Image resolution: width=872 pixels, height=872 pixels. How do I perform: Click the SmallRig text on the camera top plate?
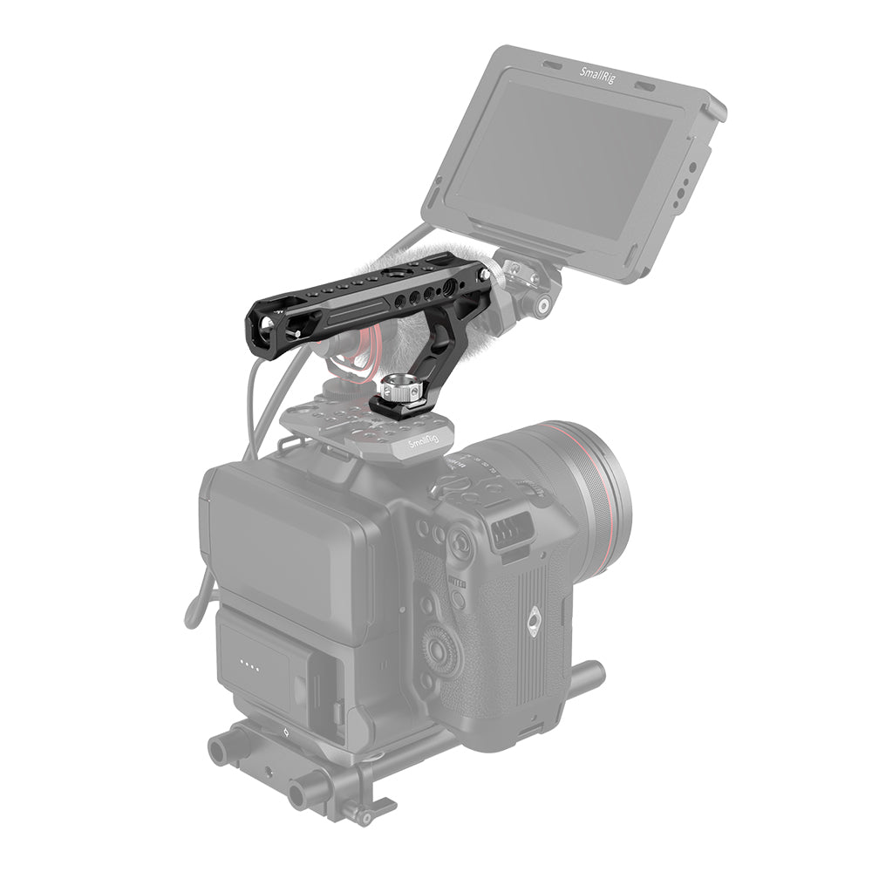coord(422,446)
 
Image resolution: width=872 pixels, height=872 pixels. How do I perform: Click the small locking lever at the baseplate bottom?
coord(359,816)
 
